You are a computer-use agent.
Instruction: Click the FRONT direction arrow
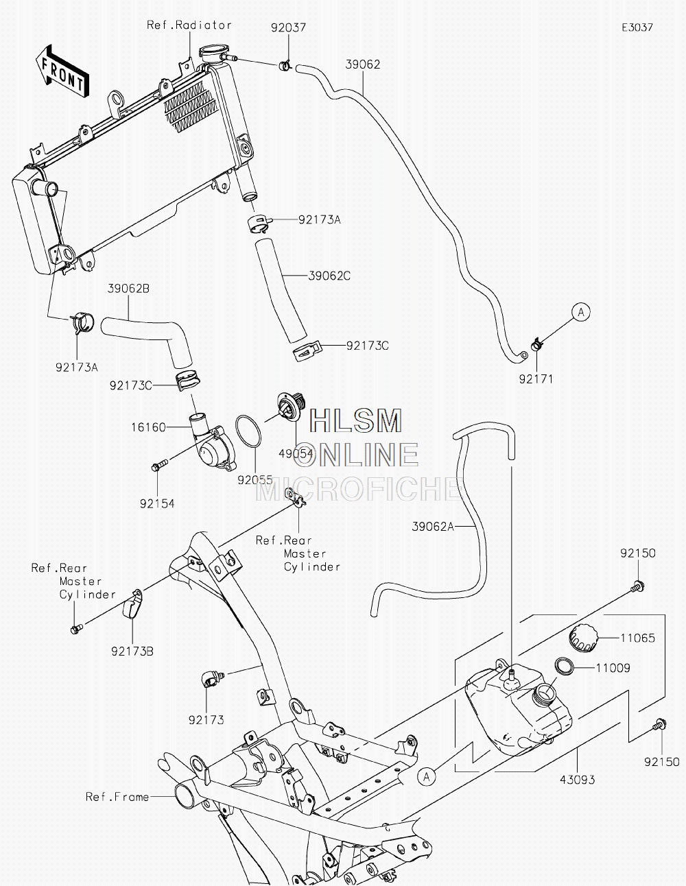click(62, 71)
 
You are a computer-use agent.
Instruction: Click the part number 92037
click(288, 27)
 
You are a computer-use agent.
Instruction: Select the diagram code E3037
click(637, 27)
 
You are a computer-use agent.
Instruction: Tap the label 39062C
click(329, 276)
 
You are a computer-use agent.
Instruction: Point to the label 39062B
click(128, 289)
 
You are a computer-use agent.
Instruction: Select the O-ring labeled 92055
click(248, 431)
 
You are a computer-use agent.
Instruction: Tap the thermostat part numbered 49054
click(291, 404)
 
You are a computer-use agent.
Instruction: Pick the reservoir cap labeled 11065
click(582, 638)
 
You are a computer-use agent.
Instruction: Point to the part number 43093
click(577, 780)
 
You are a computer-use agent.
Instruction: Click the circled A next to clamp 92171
click(581, 312)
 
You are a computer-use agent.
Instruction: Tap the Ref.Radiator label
click(189, 25)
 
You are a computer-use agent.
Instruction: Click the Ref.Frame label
click(117, 796)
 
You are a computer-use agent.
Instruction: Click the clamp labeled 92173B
click(133, 603)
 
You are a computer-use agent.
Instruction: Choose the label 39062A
click(433, 527)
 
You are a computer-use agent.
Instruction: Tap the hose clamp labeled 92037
click(285, 65)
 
